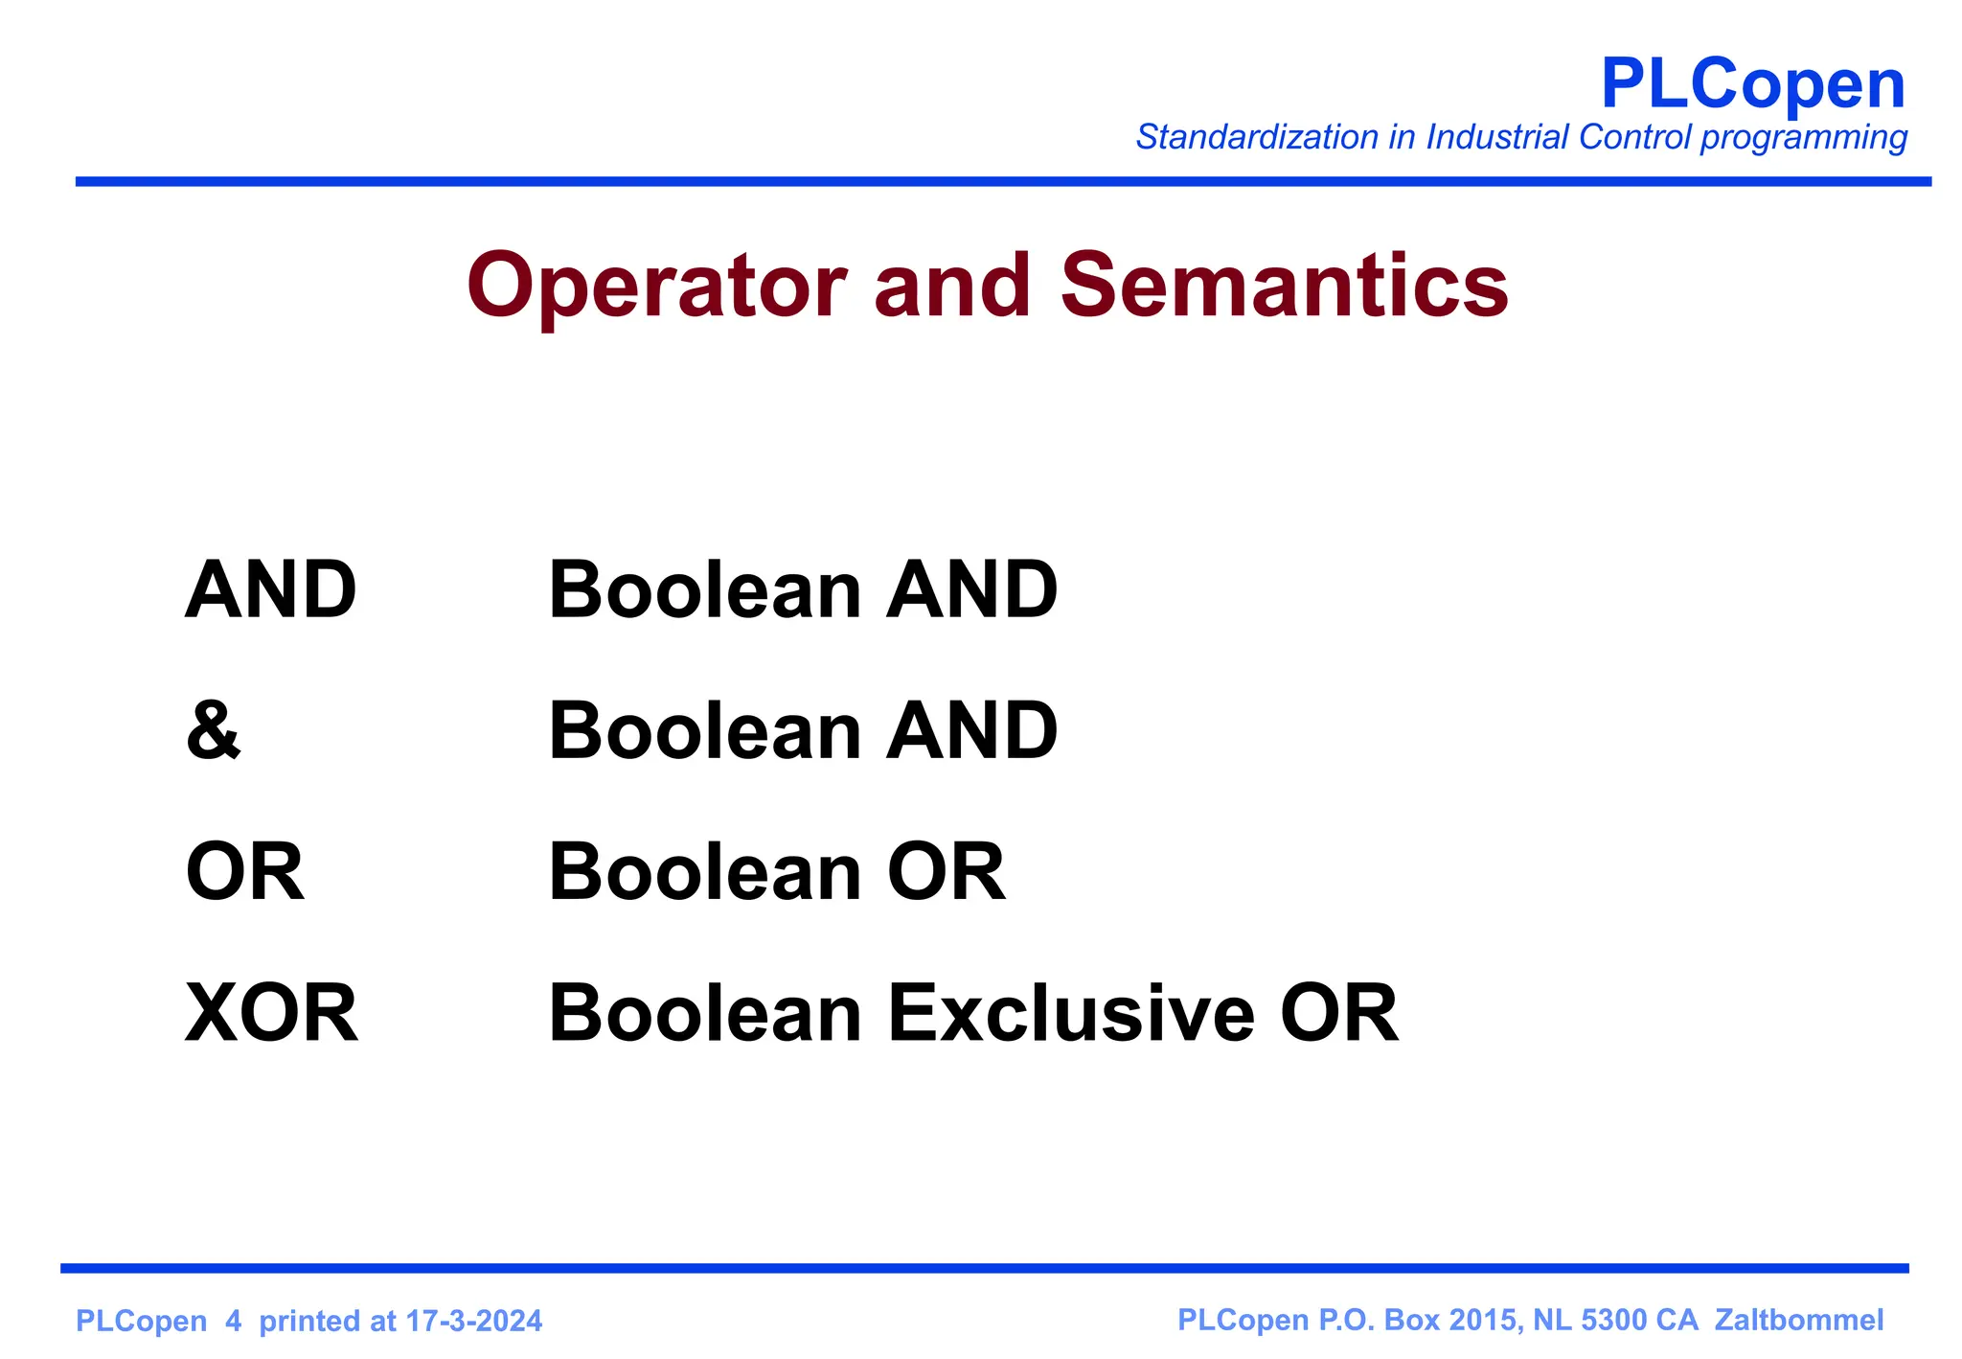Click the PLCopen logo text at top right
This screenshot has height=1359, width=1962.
[1752, 85]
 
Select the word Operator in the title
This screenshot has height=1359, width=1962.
[656, 287]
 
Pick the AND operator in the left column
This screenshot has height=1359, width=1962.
[270, 590]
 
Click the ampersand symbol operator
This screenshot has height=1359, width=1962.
[213, 731]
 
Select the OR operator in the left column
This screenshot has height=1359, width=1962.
[244, 872]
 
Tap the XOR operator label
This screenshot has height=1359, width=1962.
[271, 1014]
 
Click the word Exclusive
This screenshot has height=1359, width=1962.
[1070, 1014]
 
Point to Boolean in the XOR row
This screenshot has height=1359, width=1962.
[705, 1014]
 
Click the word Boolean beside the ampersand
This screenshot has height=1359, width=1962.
[705, 731]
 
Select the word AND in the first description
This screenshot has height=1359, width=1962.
[971, 590]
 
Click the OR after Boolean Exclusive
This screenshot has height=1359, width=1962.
[1338, 1014]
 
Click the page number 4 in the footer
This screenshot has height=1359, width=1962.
[233, 1322]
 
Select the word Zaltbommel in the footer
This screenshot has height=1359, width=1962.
[1798, 1321]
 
